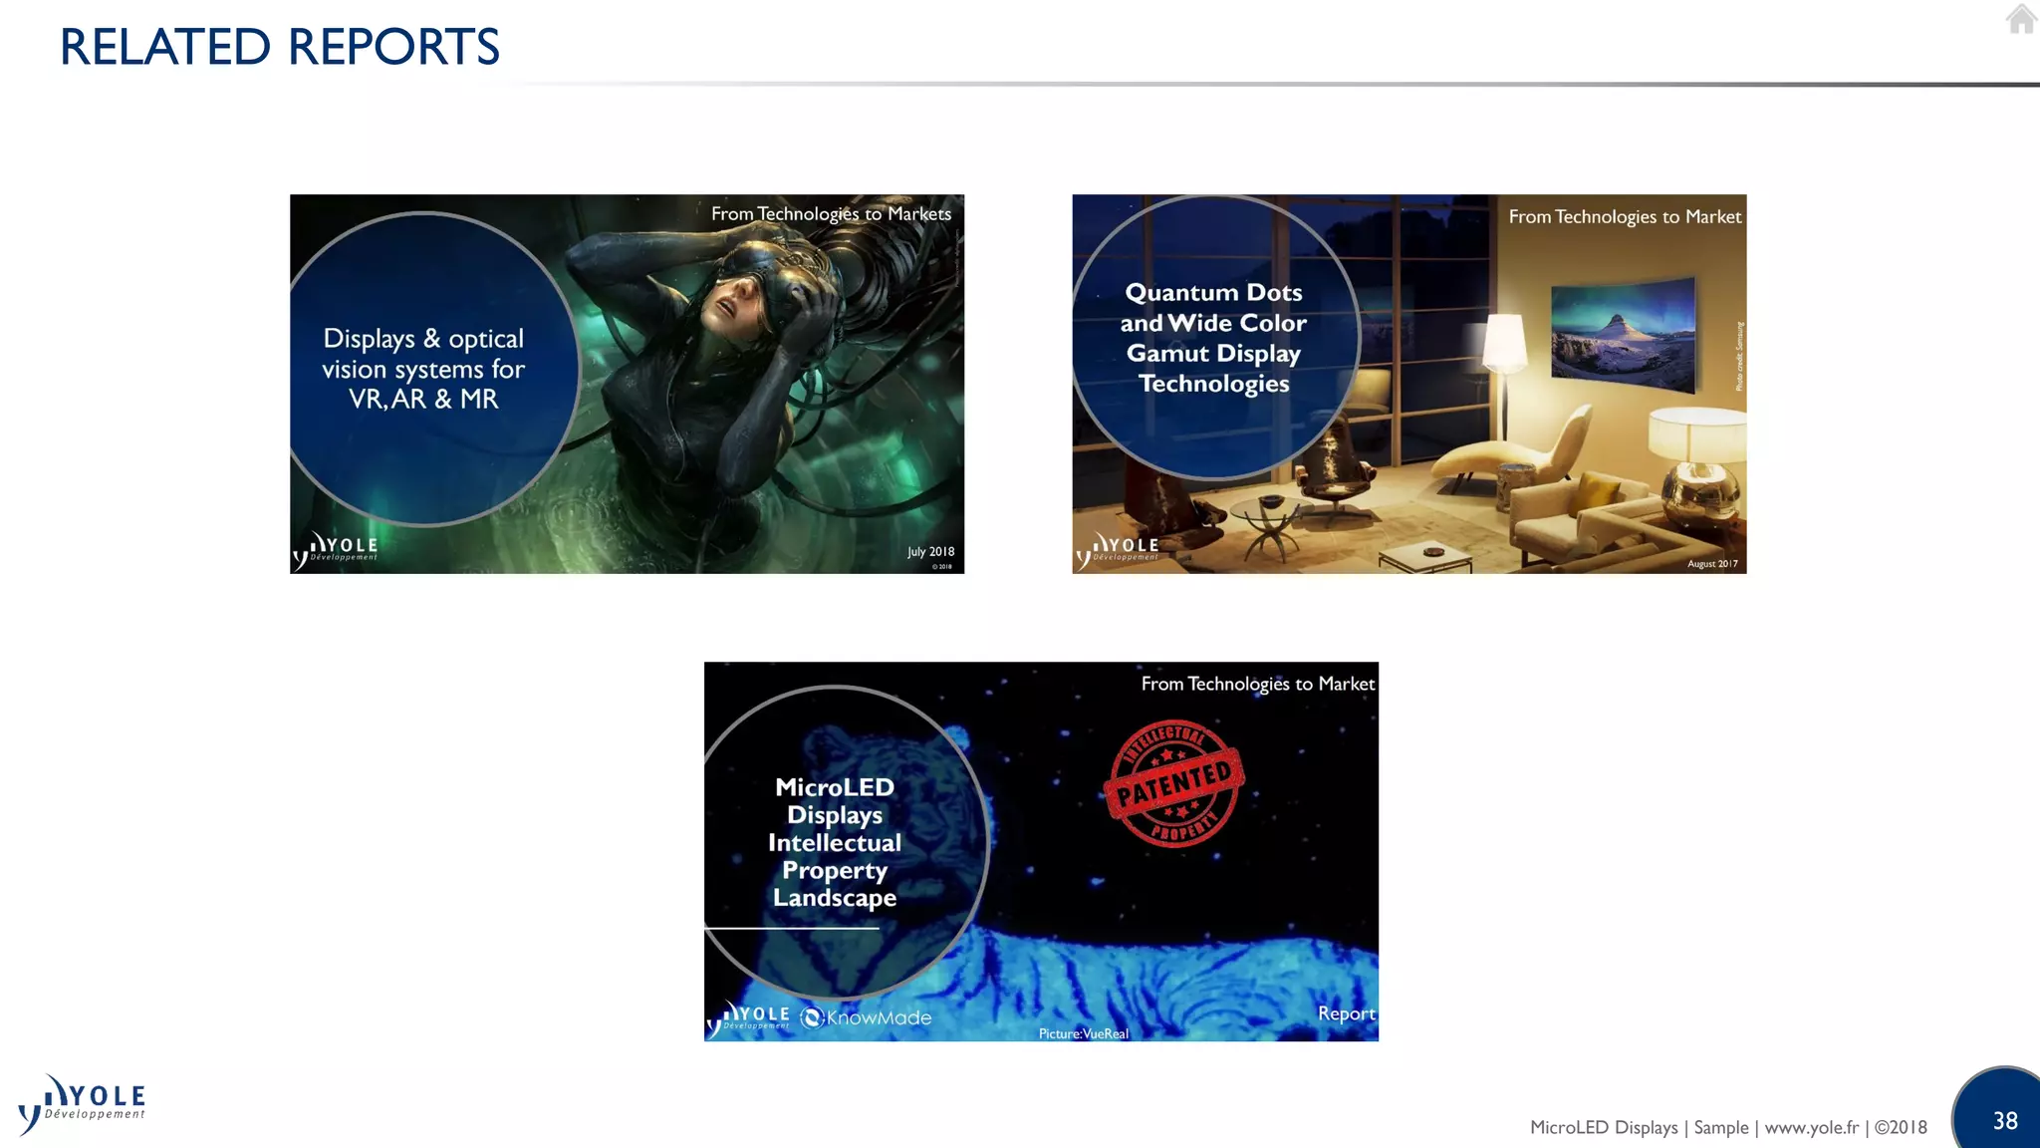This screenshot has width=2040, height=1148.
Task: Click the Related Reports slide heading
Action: [280, 47]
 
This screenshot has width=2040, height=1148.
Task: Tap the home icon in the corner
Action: [2021, 19]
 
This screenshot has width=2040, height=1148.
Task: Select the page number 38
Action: [2005, 1121]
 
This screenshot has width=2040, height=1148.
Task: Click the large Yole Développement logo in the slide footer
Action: [83, 1104]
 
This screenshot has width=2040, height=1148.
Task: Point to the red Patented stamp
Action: [1174, 783]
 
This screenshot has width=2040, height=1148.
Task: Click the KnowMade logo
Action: [867, 1017]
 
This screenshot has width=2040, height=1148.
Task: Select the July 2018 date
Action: [930, 551]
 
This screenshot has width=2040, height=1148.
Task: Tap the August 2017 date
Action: [1712, 564]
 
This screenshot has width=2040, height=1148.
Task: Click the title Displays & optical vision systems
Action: [423, 369]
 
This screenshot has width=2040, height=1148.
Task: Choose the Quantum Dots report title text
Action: [1213, 338]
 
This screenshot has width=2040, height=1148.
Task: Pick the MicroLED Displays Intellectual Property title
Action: [835, 842]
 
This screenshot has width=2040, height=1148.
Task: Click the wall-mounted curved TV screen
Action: [1623, 335]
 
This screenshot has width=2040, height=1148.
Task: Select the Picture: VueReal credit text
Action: [1083, 1033]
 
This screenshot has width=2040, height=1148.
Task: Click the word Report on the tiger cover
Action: [1346, 1013]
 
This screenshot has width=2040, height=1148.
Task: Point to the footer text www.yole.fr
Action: [1811, 1127]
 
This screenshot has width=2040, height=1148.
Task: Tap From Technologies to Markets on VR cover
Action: [831, 214]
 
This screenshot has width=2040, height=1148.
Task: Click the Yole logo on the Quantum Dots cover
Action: [1118, 549]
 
